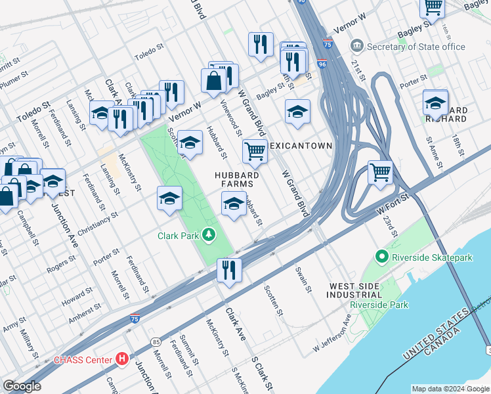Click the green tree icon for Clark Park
pyautogui.click(x=209, y=234)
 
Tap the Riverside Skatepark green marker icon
pyautogui.click(x=382, y=257)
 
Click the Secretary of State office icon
pyautogui.click(x=357, y=47)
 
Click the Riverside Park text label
pyautogui.click(x=379, y=305)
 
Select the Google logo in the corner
pyautogui.click(x=22, y=386)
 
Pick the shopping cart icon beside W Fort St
pyautogui.click(x=380, y=173)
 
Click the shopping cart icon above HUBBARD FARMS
pyautogui.click(x=255, y=150)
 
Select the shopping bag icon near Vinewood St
pyautogui.click(x=214, y=81)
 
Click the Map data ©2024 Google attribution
pyautogui.click(x=450, y=388)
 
